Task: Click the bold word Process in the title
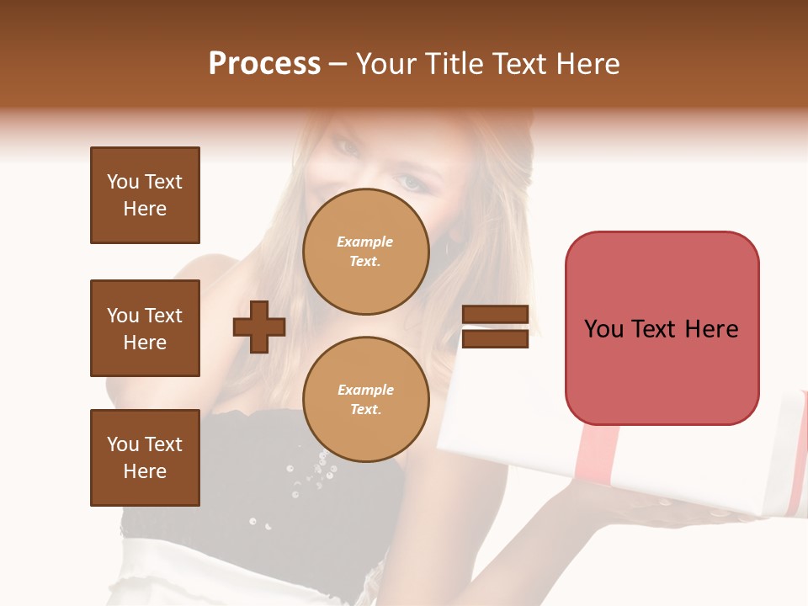click(264, 64)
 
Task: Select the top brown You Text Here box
click(145, 195)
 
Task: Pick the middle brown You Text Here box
click(145, 328)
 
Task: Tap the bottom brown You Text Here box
click(145, 458)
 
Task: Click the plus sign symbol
click(259, 327)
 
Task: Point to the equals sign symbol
click(496, 327)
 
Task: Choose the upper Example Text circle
click(364, 252)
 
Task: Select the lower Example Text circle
click(364, 400)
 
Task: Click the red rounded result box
click(662, 328)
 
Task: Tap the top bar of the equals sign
click(496, 314)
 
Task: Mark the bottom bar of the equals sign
click(496, 339)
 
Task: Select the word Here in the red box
click(711, 329)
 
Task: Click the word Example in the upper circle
click(364, 242)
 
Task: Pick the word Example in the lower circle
click(365, 390)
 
